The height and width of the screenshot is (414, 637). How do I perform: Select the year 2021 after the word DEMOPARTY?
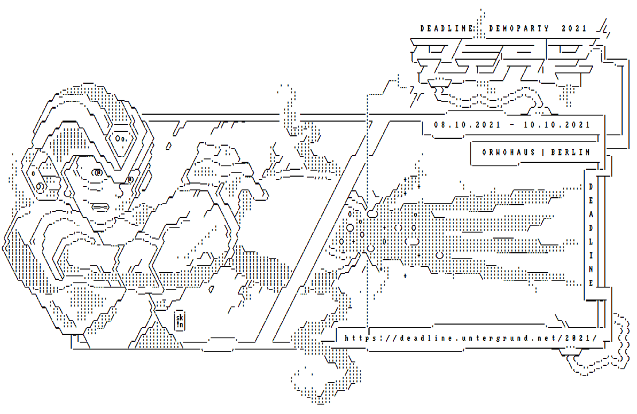pyautogui.click(x=574, y=28)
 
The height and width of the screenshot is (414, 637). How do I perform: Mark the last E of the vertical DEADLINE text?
pyautogui.click(x=591, y=282)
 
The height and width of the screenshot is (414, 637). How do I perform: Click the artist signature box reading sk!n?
pyautogui.click(x=180, y=321)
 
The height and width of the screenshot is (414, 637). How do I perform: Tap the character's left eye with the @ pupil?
pyautogui.click(x=97, y=172)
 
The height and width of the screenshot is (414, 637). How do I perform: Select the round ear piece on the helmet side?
pyautogui.click(x=40, y=186)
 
